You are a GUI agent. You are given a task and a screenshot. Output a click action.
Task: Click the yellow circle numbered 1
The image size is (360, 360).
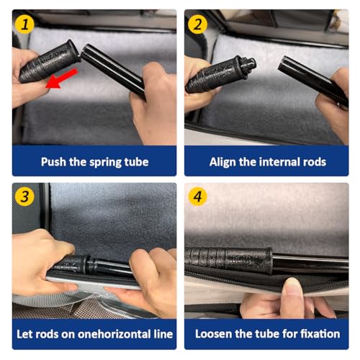click(x=24, y=24)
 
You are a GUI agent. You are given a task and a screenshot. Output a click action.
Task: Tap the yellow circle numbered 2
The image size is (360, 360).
click(x=197, y=24)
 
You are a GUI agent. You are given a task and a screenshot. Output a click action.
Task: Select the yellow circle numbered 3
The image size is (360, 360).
click(x=24, y=197)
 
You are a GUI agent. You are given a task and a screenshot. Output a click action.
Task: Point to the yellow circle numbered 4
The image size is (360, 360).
click(x=197, y=197)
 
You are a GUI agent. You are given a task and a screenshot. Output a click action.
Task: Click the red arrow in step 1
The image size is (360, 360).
click(x=61, y=79)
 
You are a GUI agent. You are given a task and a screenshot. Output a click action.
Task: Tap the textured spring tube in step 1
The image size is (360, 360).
click(x=49, y=62)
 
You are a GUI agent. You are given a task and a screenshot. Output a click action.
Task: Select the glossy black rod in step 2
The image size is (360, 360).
click(x=313, y=81)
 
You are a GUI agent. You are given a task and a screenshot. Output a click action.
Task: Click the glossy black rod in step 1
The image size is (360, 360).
click(x=113, y=71)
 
